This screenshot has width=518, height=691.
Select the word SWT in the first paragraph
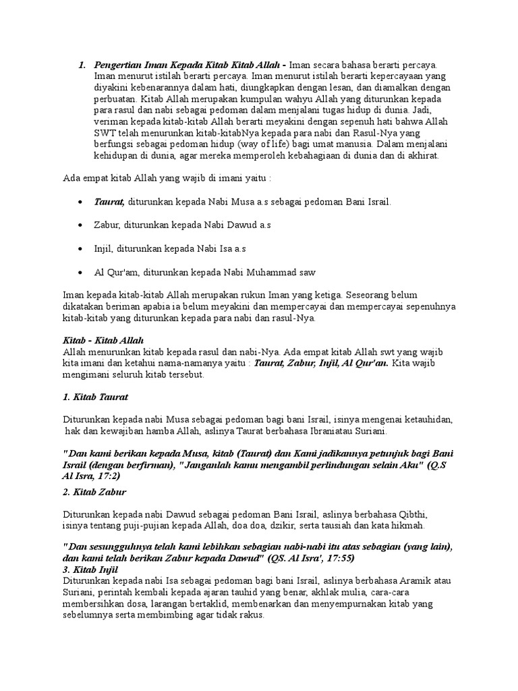pos(105,134)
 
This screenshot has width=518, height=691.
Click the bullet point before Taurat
pos(81,202)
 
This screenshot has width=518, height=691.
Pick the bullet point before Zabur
pos(81,225)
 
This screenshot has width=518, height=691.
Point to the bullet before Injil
pos(81,248)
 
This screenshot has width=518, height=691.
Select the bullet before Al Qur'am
pos(81,272)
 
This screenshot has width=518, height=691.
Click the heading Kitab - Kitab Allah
pos(103,341)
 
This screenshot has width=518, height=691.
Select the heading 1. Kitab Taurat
pos(95,396)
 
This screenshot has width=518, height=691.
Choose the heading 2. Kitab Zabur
pos(94,491)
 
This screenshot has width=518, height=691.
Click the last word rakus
pos(254,616)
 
